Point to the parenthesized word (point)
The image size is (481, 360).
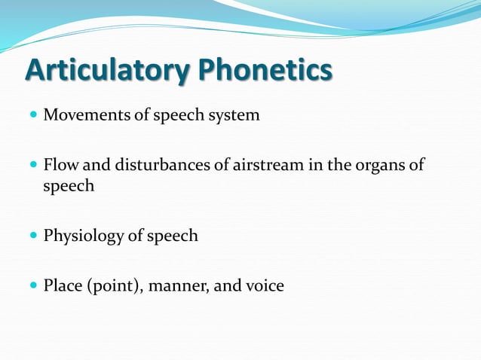tap(114, 286)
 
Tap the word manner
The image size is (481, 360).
tap(183, 286)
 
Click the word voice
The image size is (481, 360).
tap(264, 286)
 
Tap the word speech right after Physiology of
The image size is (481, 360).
tap(173, 236)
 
